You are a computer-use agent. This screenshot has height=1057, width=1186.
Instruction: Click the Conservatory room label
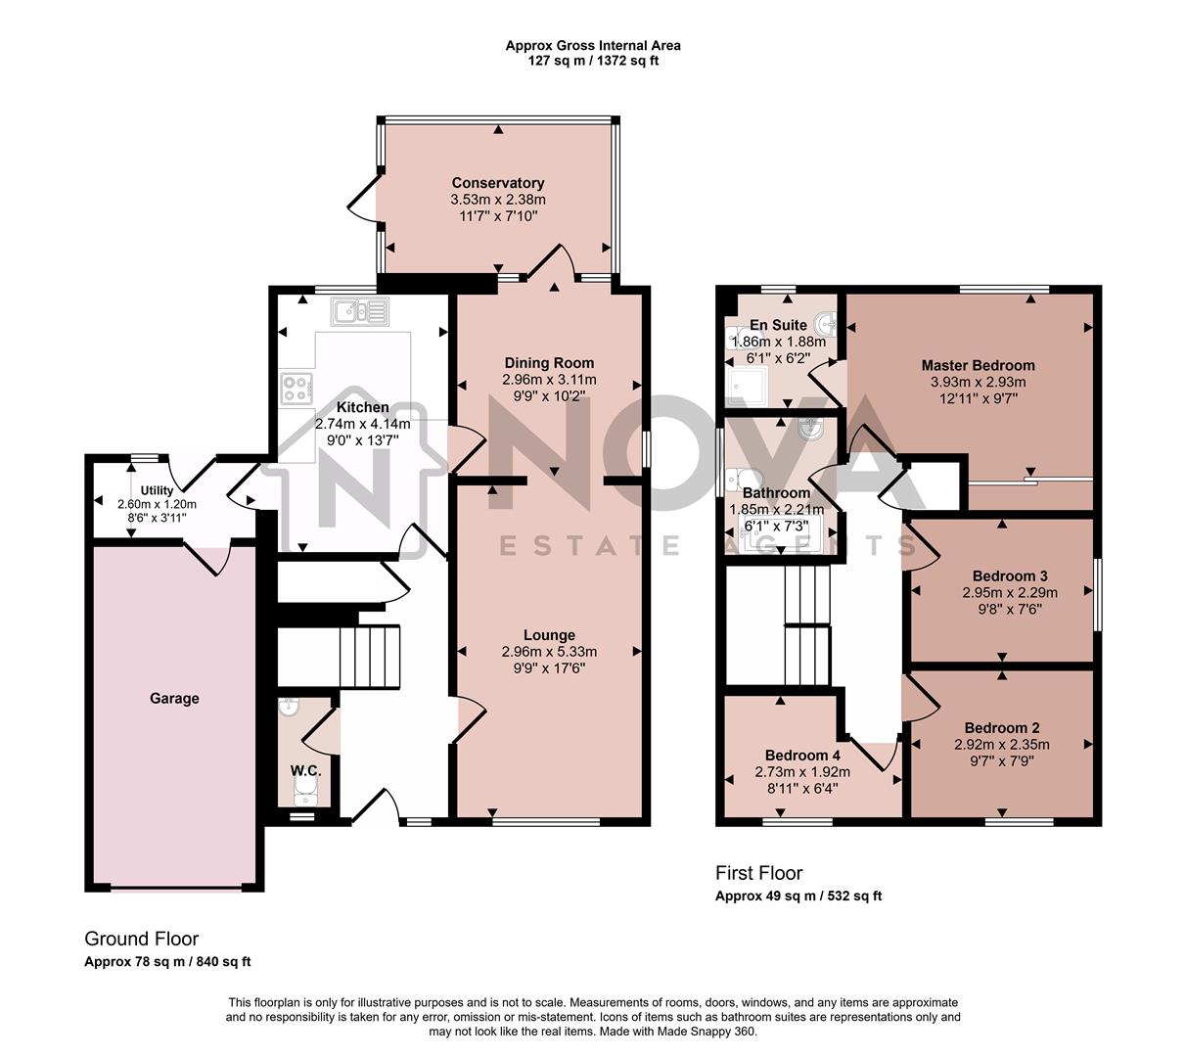pos(497,183)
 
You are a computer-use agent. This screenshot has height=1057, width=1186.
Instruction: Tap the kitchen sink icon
pos(360,312)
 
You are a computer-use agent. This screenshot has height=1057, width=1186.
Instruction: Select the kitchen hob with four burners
pos(296,389)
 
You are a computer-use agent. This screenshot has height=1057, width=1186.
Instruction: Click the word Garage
pos(174,698)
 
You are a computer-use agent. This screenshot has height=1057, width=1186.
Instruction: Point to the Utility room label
pos(157,490)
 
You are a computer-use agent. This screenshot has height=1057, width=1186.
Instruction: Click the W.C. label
pos(305,771)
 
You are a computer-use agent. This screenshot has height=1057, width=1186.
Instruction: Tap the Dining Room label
pos(549,363)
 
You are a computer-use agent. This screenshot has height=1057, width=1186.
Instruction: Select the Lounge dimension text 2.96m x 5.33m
pos(549,652)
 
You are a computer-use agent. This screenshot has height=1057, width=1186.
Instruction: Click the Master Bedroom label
pos(978,365)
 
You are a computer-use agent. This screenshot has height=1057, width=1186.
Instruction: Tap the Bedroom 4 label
pos(802,755)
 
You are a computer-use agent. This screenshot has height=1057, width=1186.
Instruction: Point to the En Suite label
pos(778,325)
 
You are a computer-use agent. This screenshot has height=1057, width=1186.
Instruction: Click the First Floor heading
pos(758,873)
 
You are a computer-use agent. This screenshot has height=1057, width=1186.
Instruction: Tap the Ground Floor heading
pos(141,939)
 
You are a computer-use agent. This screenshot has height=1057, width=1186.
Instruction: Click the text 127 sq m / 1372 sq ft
pos(592,61)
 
